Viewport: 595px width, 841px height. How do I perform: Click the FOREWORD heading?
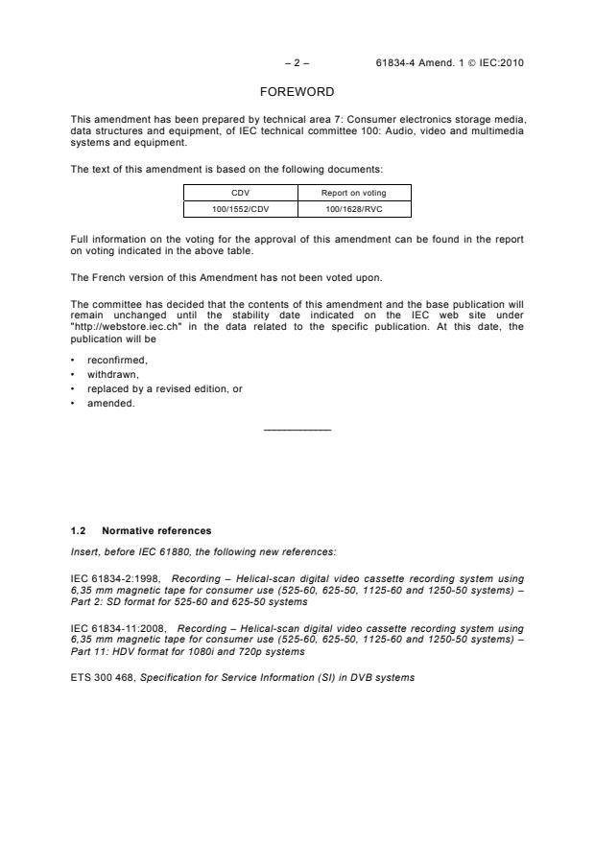[x=297, y=92]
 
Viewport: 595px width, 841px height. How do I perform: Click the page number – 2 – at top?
[x=297, y=63]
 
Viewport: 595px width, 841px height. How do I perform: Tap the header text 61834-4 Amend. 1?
[x=429, y=63]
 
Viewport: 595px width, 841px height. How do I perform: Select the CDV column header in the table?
[x=240, y=192]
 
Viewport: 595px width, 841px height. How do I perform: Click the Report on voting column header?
[x=354, y=192]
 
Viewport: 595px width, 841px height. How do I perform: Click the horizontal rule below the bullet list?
[x=297, y=429]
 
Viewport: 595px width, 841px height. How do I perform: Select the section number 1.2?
[x=78, y=530]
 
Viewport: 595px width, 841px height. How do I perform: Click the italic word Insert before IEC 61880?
[x=84, y=549]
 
